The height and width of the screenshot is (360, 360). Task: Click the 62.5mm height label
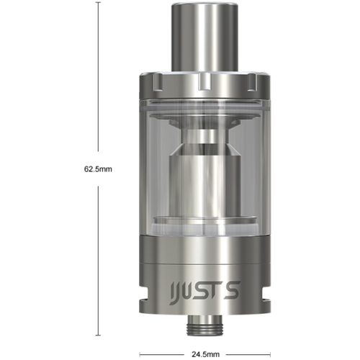pyautogui.click(x=98, y=169)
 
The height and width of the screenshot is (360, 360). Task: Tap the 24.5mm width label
pyautogui.click(x=205, y=354)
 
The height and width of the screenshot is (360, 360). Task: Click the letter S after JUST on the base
pyautogui.click(x=231, y=290)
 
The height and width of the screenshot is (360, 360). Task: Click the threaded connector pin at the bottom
pyautogui.click(x=205, y=325)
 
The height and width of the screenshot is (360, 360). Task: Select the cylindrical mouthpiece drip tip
pyautogui.click(x=205, y=36)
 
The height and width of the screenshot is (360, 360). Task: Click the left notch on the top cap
pyautogui.click(x=157, y=82)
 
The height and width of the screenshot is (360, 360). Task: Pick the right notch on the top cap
pyautogui.click(x=252, y=82)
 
